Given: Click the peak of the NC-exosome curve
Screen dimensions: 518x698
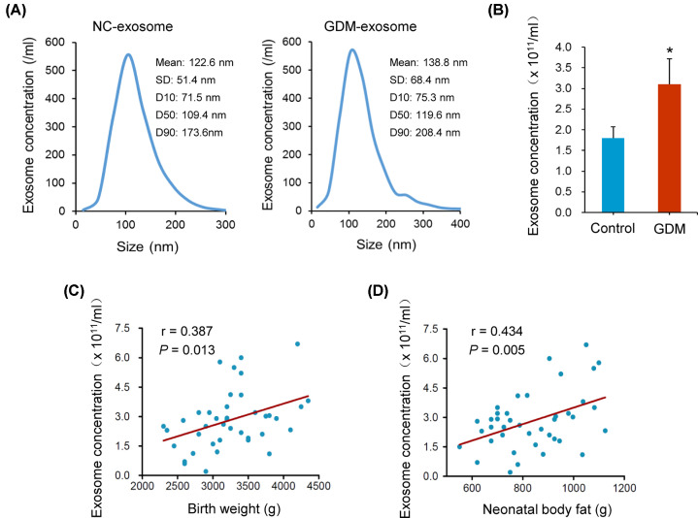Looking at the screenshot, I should pos(127,54).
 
